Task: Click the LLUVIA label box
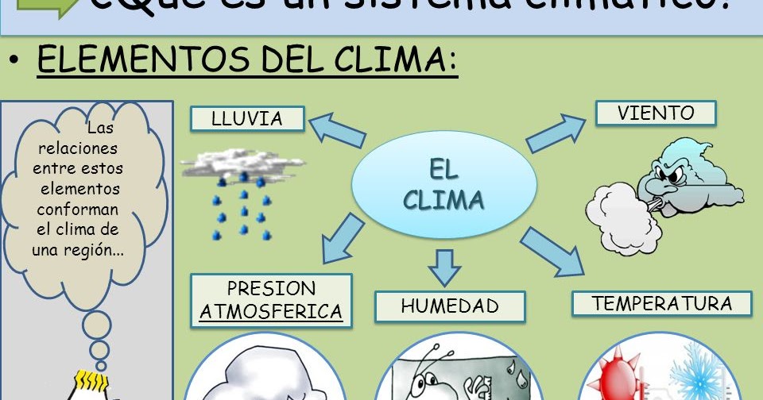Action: [x=247, y=119]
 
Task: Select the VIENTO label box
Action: [x=656, y=113]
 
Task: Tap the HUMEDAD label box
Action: [x=450, y=306]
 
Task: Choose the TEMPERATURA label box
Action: [x=661, y=304]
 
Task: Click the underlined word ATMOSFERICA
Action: [x=271, y=311]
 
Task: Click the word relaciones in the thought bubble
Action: [x=77, y=148]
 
